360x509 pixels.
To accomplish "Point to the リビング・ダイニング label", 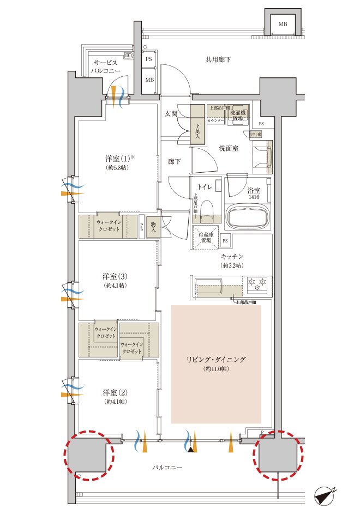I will click(217, 360).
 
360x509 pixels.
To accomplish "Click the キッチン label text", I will click(232, 256).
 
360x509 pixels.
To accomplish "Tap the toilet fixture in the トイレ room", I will click(207, 210).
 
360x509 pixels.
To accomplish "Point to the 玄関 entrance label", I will click(171, 114).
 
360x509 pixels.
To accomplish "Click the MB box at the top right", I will click(283, 25).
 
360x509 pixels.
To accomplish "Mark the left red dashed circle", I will click(89, 455).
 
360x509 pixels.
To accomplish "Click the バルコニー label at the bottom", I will click(166, 468).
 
